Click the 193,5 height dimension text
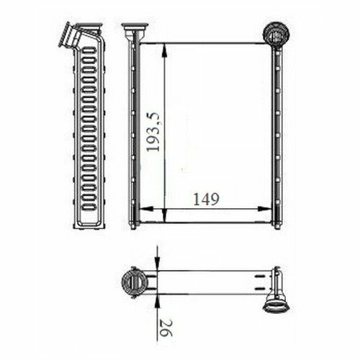coord(153,132)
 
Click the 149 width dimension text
coord(206,199)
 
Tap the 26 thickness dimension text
coord(166,328)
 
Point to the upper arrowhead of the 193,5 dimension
coord(164,50)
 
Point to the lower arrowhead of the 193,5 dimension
coord(165,215)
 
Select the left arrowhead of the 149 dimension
coord(146,209)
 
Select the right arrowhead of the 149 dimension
coord(264,209)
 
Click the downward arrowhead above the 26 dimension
coord(157,264)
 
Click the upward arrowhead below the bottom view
coord(157,301)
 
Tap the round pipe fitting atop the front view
coord(276,34)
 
